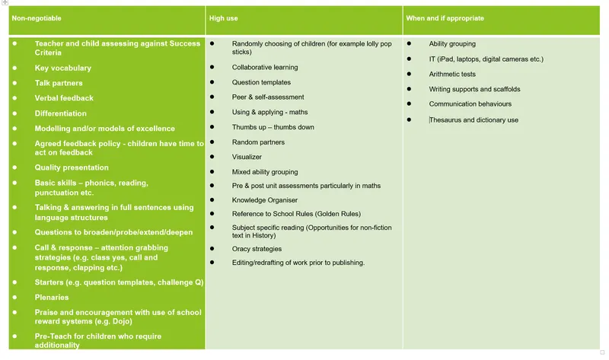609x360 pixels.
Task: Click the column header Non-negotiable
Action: tap(36, 18)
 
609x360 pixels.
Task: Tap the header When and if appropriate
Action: tap(445, 18)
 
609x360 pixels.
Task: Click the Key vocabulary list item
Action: tap(62, 68)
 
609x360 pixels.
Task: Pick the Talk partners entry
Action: tap(59, 83)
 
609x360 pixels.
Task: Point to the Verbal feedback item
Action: tap(64, 98)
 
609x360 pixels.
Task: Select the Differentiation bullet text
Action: tap(60, 113)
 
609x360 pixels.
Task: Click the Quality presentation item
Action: tap(72, 167)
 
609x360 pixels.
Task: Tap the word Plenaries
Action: tap(52, 298)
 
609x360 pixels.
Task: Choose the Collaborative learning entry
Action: tap(265, 67)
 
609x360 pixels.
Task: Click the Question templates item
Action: tap(261, 82)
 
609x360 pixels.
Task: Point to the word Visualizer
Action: tap(247, 157)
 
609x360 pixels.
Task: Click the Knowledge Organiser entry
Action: tap(265, 200)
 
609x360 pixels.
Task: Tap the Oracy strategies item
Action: tap(257, 249)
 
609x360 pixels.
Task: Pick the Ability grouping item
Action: tap(452, 44)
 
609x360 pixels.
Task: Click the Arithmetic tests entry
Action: tap(452, 75)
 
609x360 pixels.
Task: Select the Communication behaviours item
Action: tap(470, 104)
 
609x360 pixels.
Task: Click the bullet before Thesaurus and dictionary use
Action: tap(410, 119)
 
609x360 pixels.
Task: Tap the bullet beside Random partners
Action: tap(212, 142)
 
